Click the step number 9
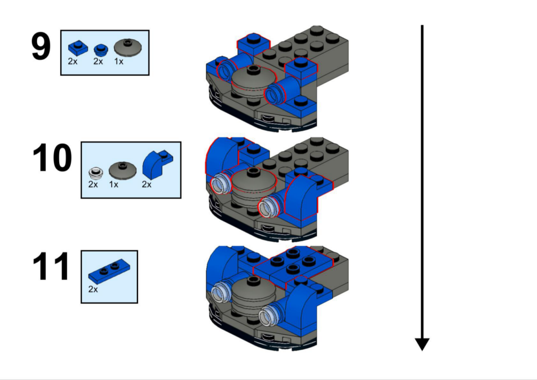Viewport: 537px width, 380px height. coord(41,47)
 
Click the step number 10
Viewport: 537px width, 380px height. coord(52,158)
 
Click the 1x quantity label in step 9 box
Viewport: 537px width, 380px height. coord(119,62)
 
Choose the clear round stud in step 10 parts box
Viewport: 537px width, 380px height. coord(95,172)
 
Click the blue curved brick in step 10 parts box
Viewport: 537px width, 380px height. coord(157,165)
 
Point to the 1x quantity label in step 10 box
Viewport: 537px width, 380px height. coord(114,184)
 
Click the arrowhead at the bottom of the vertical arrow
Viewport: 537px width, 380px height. coord(422,344)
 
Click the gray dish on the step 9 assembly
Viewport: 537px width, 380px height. coord(252,82)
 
